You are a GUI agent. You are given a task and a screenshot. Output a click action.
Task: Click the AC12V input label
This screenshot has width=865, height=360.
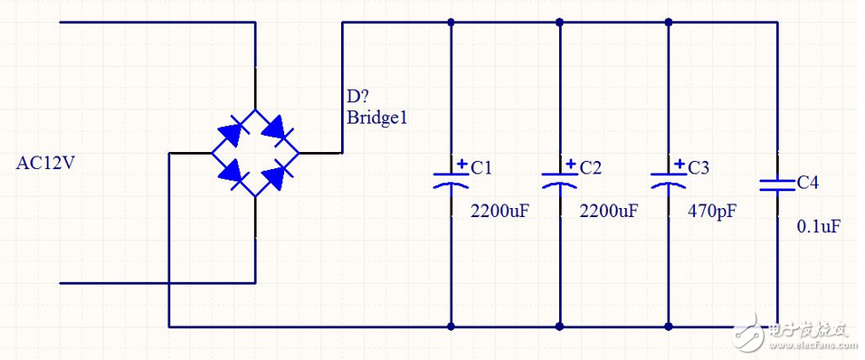[46, 163]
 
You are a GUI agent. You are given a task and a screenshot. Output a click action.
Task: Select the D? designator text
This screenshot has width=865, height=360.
[357, 98]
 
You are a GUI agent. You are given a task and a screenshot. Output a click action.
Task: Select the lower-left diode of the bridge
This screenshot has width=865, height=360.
[232, 174]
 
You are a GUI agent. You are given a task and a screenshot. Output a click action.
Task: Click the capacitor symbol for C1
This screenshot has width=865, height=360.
[451, 178]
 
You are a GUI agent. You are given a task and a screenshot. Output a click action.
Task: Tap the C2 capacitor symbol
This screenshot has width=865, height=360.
[559, 178]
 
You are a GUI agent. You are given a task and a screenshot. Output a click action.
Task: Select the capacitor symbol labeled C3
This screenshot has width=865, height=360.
[668, 178]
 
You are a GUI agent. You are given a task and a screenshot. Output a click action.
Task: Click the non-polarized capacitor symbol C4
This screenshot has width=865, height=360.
[776, 184]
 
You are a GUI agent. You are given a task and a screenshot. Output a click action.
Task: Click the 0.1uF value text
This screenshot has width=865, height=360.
[818, 226]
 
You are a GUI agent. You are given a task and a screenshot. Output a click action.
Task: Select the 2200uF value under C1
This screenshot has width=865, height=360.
[499, 211]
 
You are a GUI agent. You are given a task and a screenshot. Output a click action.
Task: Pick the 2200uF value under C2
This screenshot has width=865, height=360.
[608, 211]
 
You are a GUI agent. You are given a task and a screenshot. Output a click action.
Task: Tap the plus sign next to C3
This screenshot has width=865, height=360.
[680, 165]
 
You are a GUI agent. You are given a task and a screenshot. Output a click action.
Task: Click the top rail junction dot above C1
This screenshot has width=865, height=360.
[451, 22]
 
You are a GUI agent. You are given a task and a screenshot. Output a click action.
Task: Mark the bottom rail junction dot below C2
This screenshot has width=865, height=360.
[559, 326]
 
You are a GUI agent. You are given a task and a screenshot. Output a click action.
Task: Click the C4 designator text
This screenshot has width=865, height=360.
[807, 183]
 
